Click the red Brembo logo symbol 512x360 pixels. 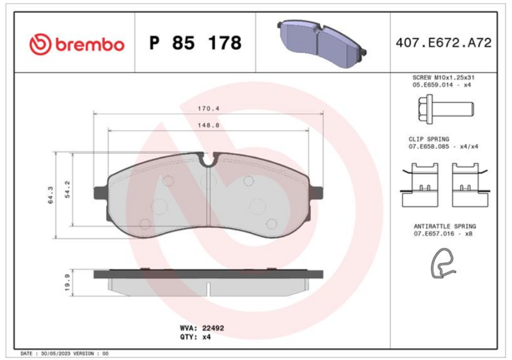tap(40, 44)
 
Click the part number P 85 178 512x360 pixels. tap(195, 43)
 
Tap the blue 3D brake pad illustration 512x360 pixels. tap(322, 43)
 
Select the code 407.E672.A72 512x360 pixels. tap(444, 43)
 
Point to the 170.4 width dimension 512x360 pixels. tap(209, 108)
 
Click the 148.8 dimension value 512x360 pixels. tap(209, 125)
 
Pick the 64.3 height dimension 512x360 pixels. tap(51, 195)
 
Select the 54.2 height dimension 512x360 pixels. tap(67, 190)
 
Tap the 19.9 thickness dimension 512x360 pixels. tap(67, 282)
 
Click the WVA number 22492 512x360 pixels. tap(213, 328)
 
